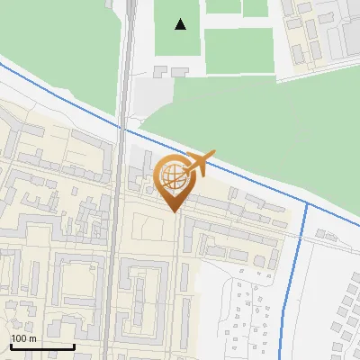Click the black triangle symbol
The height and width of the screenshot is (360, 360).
pyautogui.click(x=181, y=24)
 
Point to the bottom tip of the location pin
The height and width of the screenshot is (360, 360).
pyautogui.click(x=175, y=212)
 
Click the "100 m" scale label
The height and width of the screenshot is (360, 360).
pyautogui.click(x=23, y=338)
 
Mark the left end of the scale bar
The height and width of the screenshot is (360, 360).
pyautogui.click(x=10, y=346)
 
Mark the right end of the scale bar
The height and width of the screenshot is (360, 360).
pyautogui.click(x=74, y=346)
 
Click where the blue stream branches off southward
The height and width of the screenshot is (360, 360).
pyautogui.click(x=307, y=203)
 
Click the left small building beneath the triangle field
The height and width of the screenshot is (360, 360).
pyautogui.click(x=162, y=70)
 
